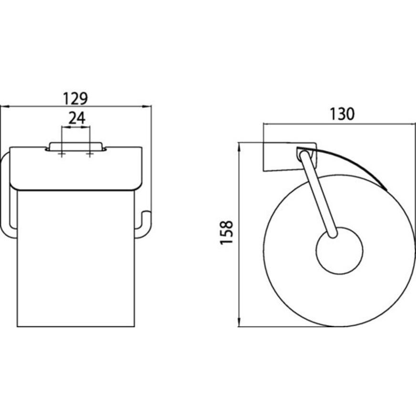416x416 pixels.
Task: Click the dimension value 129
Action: tap(76, 98)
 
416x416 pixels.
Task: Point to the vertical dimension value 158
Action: tap(226, 232)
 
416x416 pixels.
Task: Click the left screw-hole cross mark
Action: tap(62, 154)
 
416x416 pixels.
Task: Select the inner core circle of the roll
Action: tap(339, 251)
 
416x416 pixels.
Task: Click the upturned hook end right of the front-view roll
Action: tap(145, 224)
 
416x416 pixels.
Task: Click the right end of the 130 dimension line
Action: tap(413, 124)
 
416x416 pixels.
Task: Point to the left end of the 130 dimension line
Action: tap(263, 124)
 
